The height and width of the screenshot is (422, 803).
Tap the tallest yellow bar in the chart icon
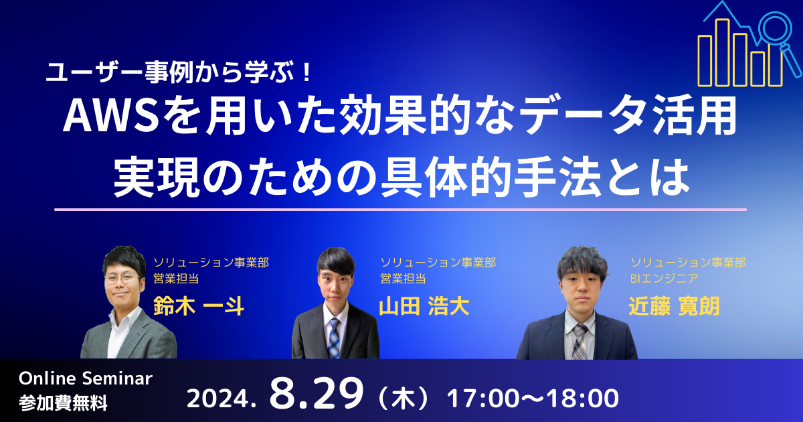coord(722,53)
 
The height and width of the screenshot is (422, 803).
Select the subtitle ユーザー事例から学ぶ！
coord(179,73)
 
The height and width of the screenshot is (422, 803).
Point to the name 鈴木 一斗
coord(199,307)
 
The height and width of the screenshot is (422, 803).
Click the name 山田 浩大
coord(424,307)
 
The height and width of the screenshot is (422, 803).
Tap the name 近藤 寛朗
coord(674,307)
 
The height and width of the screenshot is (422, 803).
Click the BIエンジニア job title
coord(664,278)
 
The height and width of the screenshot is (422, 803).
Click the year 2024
coord(221,399)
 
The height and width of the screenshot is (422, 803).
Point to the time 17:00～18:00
coord(533,399)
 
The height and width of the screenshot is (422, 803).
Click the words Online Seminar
coord(86,378)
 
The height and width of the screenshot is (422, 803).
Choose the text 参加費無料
coord(63,403)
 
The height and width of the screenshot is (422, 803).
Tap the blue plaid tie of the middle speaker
coord(334,338)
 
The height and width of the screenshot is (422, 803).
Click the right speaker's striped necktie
coord(579,342)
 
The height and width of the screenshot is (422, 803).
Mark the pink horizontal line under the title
coord(400,210)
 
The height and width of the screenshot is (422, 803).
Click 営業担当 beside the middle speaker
coord(403,278)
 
